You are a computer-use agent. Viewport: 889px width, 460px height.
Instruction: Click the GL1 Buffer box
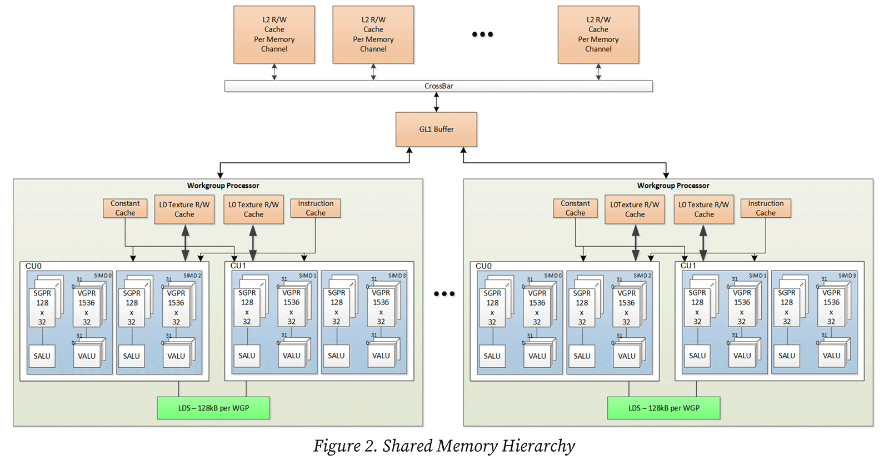click(x=436, y=129)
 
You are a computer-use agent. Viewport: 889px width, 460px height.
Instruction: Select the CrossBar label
click(x=438, y=86)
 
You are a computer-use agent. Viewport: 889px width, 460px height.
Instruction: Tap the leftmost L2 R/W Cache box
click(x=274, y=34)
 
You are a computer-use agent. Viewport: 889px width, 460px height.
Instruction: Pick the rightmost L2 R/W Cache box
click(x=598, y=34)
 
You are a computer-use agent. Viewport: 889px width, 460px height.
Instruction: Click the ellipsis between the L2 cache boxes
click(x=482, y=34)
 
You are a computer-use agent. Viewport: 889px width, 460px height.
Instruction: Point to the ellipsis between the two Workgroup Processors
click(x=444, y=293)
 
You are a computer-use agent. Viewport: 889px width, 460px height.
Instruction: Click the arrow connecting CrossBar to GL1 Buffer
click(x=436, y=102)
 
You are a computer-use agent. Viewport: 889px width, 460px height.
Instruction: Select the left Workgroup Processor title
click(x=223, y=186)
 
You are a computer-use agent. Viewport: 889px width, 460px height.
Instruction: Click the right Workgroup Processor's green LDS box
click(x=663, y=408)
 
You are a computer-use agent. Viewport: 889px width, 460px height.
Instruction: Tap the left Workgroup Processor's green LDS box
click(x=213, y=408)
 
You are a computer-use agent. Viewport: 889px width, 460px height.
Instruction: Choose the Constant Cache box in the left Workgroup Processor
click(x=125, y=208)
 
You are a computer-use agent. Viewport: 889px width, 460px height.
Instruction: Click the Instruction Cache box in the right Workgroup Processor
click(x=765, y=208)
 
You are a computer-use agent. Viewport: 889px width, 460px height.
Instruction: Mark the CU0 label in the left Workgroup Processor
click(x=33, y=266)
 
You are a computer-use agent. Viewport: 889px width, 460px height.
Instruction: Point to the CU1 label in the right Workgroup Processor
click(x=688, y=266)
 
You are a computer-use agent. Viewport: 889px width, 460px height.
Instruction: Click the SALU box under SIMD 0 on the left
click(x=42, y=356)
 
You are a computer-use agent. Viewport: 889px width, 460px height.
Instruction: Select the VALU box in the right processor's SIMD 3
click(x=831, y=356)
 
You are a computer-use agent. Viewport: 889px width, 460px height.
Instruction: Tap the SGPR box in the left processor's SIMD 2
click(x=132, y=307)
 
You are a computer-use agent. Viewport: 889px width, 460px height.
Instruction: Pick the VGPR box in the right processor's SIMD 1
click(x=742, y=307)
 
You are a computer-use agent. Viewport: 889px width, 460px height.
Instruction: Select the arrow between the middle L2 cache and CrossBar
click(x=373, y=72)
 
